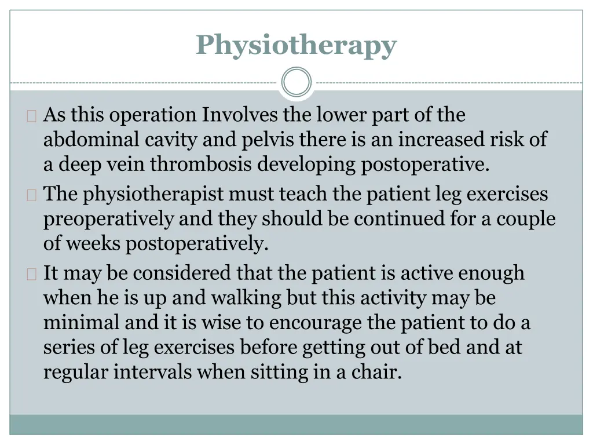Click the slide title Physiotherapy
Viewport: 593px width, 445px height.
(x=296, y=45)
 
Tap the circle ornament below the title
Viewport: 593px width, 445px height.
(x=296, y=82)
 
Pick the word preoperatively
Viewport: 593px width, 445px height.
(x=108, y=218)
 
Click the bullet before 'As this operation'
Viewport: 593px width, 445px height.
(x=31, y=116)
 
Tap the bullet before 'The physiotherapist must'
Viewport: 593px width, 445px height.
(x=31, y=195)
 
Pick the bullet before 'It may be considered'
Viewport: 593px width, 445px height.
(x=31, y=273)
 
